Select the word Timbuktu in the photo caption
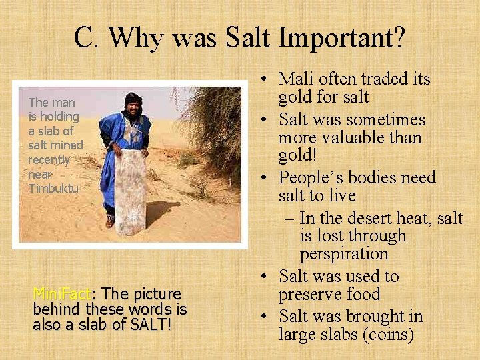[x=53, y=188]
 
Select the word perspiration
[x=344, y=254]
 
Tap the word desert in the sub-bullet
[x=369, y=218]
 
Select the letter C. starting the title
[x=87, y=38]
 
